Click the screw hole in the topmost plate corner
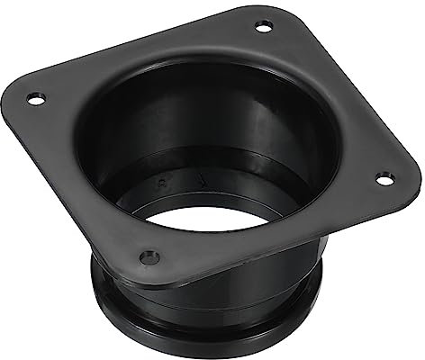click(x=263, y=26)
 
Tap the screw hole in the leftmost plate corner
click(x=34, y=97)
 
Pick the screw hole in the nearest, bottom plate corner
click(x=150, y=257)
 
